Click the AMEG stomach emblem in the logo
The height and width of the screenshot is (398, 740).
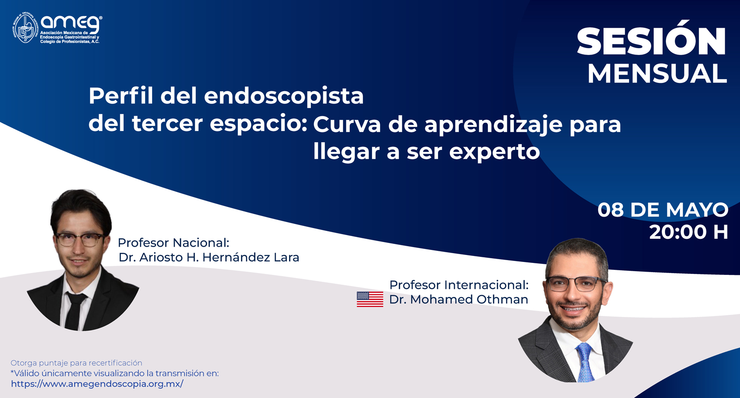point(25,28)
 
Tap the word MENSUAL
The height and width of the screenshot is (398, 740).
point(657,74)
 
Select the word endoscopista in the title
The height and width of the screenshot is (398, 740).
point(284,96)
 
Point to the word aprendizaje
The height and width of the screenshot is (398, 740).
point(493,125)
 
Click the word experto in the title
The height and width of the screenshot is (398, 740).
point(494,152)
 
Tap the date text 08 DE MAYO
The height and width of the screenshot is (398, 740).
point(663,210)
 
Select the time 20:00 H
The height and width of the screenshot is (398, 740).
point(689,232)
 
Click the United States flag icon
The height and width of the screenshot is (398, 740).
point(370,299)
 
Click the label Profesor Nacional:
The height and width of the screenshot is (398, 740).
point(173,243)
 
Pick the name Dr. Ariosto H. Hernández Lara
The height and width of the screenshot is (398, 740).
point(209,257)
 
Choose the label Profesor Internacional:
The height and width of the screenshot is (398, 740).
point(459,285)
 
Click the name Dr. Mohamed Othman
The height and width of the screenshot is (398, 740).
point(458,299)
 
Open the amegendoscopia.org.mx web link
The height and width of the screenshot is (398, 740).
point(97,384)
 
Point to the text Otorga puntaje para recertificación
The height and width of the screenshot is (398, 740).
point(76,363)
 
